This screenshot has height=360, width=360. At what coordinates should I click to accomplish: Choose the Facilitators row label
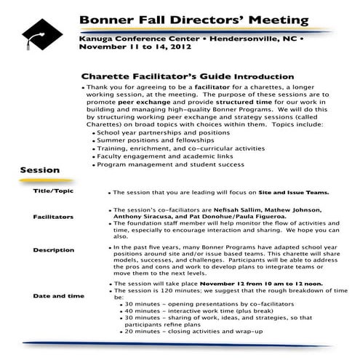point(52,217)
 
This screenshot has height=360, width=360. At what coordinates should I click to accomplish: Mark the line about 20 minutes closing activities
point(192,332)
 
